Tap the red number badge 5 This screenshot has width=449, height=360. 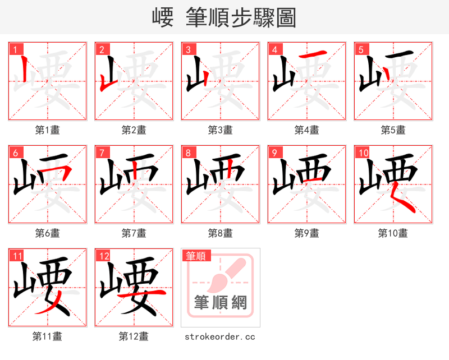[360, 49]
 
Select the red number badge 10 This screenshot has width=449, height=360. [363, 153]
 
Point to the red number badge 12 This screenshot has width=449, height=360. [103, 256]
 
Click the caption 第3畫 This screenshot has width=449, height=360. [220, 130]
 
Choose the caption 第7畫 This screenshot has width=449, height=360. [134, 233]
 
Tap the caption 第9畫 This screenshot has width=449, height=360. [306, 233]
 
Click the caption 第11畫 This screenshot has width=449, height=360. [47, 336]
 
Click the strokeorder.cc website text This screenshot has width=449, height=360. [220, 336]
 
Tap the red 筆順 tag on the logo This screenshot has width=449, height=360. [196, 256]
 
